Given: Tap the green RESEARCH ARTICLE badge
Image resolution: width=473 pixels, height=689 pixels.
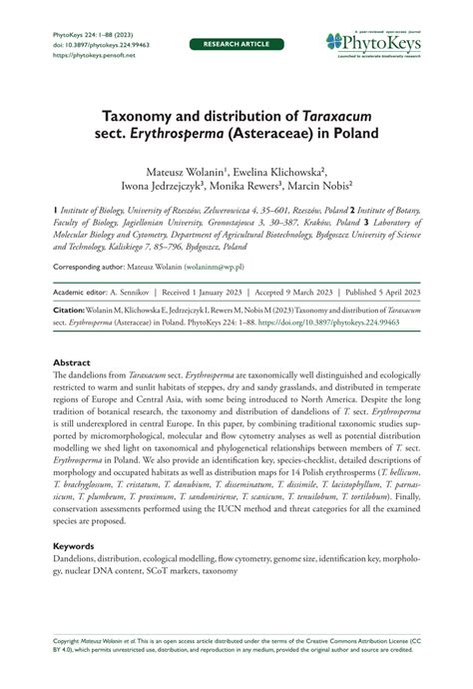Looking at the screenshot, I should [236, 45].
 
